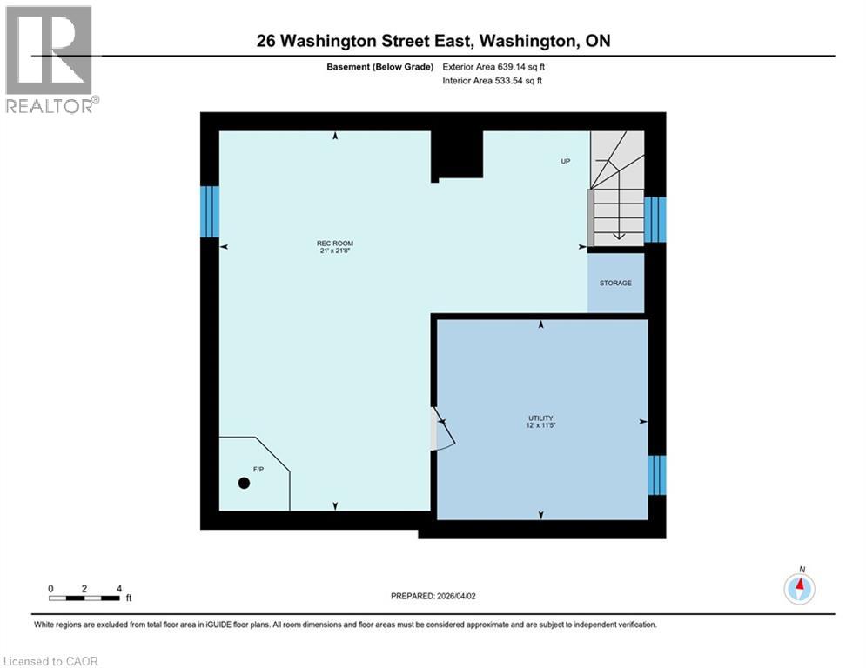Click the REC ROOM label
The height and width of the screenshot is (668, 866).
[x=334, y=243]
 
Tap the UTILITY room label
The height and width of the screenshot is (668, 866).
[x=540, y=417]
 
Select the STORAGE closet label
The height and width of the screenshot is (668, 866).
[x=615, y=284]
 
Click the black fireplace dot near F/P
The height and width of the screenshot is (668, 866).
[x=244, y=484]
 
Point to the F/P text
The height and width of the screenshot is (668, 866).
[x=258, y=470]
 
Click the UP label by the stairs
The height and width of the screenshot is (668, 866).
[x=565, y=162]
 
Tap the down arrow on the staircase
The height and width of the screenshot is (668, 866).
[x=617, y=232]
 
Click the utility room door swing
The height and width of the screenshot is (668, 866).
[x=444, y=432]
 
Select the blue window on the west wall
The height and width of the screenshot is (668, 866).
[x=210, y=211]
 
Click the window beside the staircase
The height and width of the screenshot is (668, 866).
[x=655, y=219]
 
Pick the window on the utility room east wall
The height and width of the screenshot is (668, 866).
[x=656, y=475]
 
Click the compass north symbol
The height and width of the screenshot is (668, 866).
[x=799, y=589]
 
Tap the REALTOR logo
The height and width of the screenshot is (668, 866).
[x=51, y=58]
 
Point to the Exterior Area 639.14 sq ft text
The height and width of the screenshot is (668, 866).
[x=495, y=66]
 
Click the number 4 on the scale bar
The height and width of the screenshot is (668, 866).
[x=118, y=588]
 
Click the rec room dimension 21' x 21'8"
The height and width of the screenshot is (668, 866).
[x=334, y=250]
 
